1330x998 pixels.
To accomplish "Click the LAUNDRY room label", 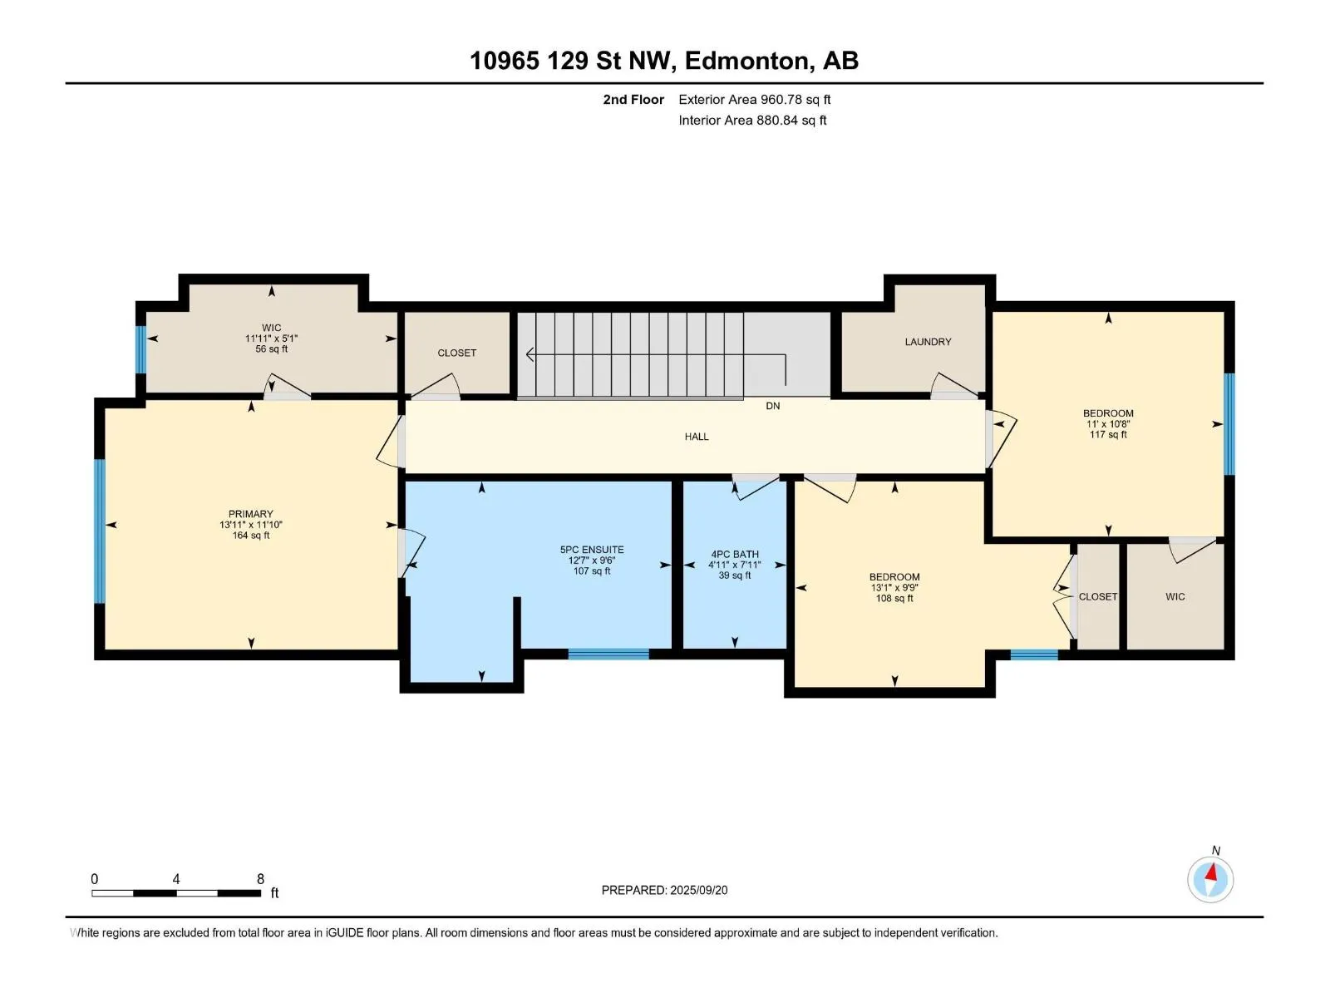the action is (928, 342).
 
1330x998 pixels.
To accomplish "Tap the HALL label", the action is (697, 437).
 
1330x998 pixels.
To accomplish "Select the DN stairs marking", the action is (772, 406).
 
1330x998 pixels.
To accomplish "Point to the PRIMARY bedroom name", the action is (251, 514).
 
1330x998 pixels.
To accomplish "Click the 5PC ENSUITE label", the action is (591, 550).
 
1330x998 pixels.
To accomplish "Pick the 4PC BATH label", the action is (734, 554).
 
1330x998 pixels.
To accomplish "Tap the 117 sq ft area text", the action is (1107, 434).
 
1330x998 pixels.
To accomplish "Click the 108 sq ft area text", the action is (894, 598).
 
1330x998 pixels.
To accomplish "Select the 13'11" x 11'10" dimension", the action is (251, 525).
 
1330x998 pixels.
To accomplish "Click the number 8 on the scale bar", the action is (260, 878).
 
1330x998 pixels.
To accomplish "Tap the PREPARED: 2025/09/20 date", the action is (664, 890).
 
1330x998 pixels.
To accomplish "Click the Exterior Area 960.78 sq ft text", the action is (755, 99).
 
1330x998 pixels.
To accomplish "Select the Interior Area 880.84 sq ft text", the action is (752, 120).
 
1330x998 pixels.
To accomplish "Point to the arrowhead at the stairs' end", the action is (530, 354).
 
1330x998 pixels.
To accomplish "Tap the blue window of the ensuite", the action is (608, 654).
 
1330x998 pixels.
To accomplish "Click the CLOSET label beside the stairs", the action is (457, 353).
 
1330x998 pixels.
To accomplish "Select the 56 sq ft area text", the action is (271, 349).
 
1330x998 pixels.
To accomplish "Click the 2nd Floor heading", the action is (633, 99).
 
